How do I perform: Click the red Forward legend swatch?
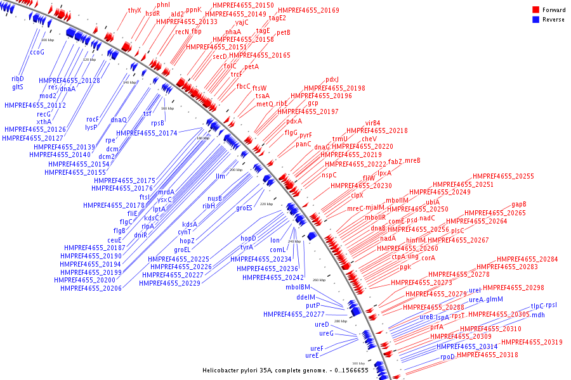coord(535,10)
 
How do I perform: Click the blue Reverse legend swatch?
coord(535,20)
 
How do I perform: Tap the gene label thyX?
coord(135,10)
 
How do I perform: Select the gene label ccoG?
coord(37,53)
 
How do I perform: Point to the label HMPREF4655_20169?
coord(308,11)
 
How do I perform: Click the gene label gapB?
coord(519,204)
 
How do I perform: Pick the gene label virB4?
coord(372,123)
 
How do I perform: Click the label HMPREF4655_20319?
coord(532,342)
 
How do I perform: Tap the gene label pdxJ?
coord(332,80)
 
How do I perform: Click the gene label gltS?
coord(17,87)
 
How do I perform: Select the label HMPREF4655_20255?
coord(503,176)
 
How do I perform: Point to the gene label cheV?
coord(369,139)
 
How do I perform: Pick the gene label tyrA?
coord(247,247)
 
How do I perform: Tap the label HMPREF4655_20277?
coord(294,314)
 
